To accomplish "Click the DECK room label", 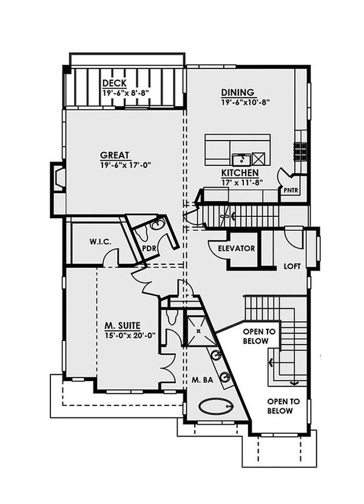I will click(x=114, y=83).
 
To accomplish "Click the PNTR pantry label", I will click(x=290, y=190).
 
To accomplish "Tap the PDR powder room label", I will click(x=149, y=248).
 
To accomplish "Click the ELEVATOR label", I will click(x=236, y=248).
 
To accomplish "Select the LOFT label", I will click(x=292, y=266).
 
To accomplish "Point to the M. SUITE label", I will click(x=121, y=326).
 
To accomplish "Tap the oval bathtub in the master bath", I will click(x=216, y=406).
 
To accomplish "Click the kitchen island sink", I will click(x=241, y=159).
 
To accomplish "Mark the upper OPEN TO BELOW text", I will click(x=259, y=337).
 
